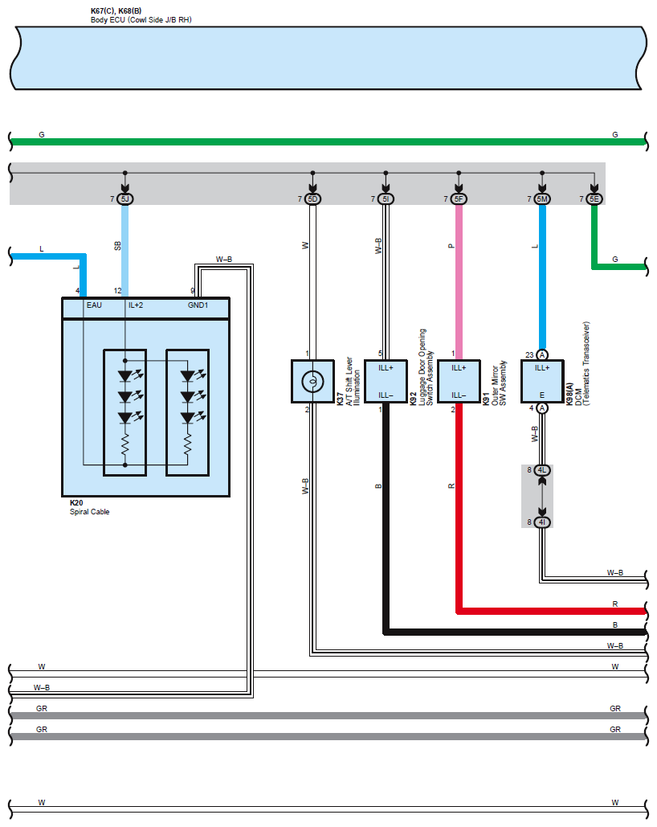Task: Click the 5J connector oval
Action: (124, 199)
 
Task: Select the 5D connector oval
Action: (312, 199)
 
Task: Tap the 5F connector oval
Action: (459, 199)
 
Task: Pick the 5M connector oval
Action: (542, 199)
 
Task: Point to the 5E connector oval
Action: (594, 199)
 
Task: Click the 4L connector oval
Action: (542, 470)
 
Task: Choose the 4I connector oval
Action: (542, 522)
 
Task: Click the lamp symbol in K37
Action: (312, 381)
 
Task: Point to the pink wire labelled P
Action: (459, 281)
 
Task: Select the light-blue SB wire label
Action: (117, 244)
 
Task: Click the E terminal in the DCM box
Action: (542, 395)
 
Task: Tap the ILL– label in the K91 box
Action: (459, 395)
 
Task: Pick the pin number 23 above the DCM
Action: (530, 354)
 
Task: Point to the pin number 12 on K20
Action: (118, 290)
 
